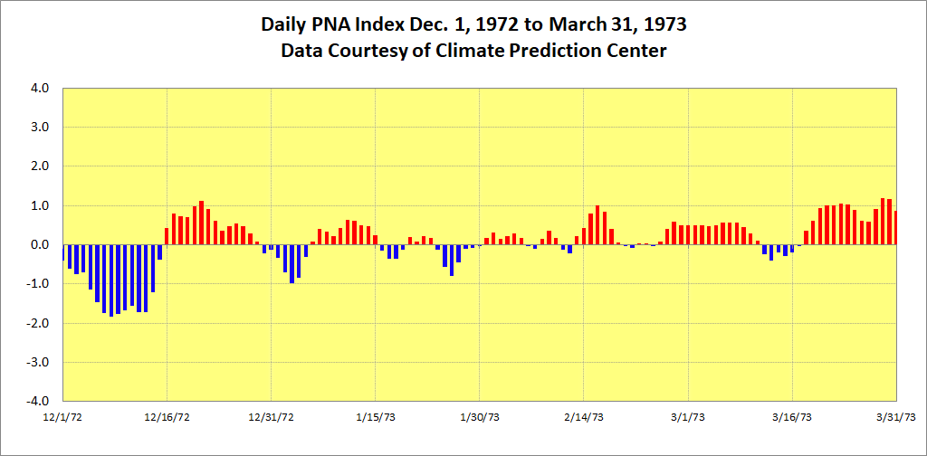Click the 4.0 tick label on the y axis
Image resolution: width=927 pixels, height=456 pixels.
40,89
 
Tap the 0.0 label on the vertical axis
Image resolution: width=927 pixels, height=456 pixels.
40,245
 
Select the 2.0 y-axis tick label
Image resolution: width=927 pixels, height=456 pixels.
40,166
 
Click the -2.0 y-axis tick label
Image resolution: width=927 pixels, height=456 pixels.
38,323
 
